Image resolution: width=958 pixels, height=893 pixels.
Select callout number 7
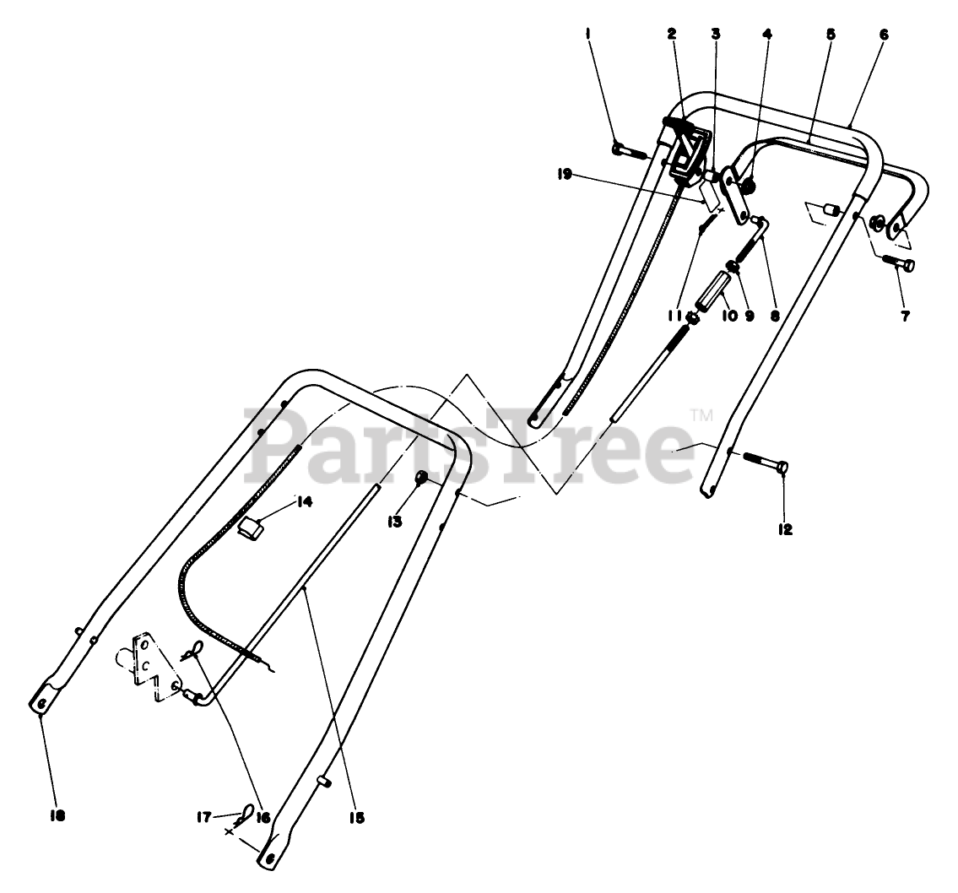pos(906,317)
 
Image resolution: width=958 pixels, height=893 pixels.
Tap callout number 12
pos(785,529)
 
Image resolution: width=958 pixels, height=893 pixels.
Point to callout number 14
pos(304,502)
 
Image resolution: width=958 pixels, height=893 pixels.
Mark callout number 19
pos(565,175)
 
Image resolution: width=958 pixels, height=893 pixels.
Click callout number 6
pos(883,35)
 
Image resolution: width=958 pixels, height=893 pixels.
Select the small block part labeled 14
pos(251,528)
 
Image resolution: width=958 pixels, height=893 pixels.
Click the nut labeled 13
pos(421,479)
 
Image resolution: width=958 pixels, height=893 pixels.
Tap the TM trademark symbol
pos(701,414)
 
